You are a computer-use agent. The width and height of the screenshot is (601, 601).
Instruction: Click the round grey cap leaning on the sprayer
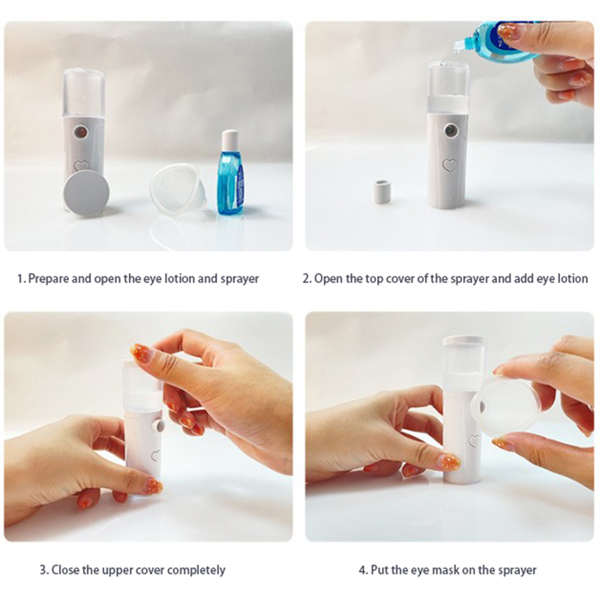tap(86, 193)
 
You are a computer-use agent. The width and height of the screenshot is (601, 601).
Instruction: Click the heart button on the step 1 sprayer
tap(81, 166)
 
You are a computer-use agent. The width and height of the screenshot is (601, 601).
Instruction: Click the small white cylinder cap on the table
tap(382, 192)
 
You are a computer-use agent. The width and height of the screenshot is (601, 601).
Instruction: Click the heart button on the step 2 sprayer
tap(450, 165)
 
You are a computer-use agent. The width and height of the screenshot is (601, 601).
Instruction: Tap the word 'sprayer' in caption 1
tap(239, 279)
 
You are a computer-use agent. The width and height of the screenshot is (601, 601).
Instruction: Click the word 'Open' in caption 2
tap(328, 279)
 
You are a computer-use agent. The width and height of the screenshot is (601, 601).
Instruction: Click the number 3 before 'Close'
tap(44, 570)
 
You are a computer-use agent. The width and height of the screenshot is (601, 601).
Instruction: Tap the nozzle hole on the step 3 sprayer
tap(160, 426)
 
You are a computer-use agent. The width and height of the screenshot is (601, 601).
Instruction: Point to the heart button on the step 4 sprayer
tap(474, 441)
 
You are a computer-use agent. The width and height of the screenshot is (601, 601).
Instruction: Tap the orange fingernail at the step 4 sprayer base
tap(450, 462)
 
